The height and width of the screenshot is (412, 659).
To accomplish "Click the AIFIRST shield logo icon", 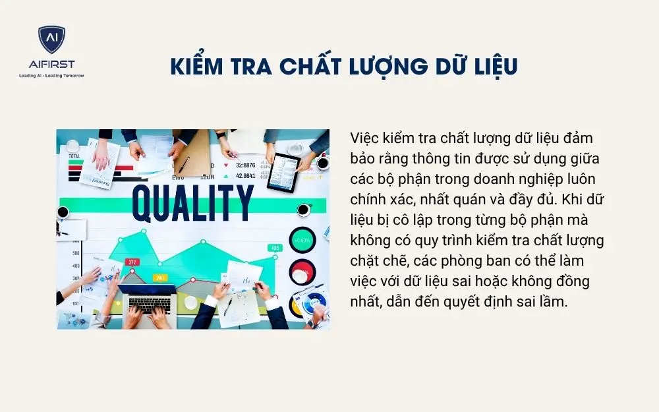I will (x=51, y=41).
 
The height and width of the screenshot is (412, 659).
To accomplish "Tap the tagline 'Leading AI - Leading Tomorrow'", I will (x=51, y=76).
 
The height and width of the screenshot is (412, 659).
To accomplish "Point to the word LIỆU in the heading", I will (x=491, y=67).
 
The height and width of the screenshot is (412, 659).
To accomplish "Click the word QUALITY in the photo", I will (x=192, y=203).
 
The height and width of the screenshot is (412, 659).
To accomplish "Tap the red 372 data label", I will (x=132, y=262).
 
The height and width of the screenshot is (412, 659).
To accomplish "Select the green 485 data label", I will (x=274, y=248).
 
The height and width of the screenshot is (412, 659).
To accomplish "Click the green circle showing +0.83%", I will (x=302, y=241).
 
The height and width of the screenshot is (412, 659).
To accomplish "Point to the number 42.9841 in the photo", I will (x=245, y=176).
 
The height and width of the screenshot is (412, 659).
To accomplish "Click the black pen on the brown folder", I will (x=183, y=165).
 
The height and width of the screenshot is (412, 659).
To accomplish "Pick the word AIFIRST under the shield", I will (x=51, y=64).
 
